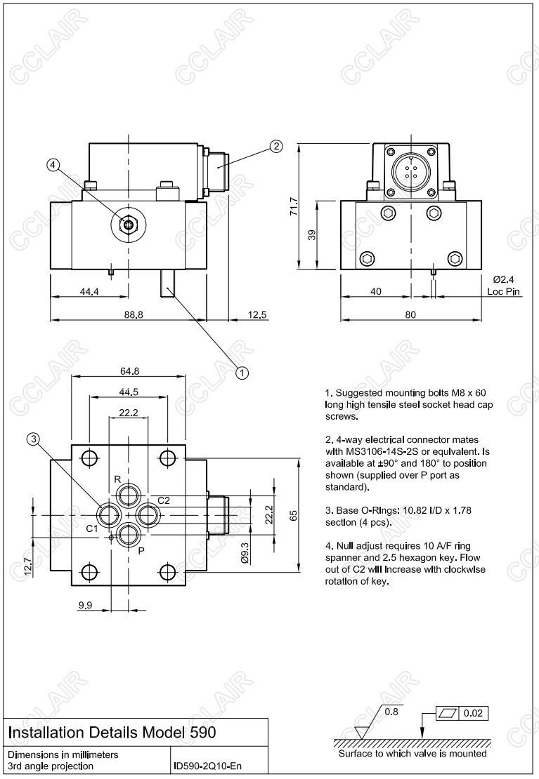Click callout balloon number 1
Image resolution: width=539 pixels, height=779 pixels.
coord(242,373)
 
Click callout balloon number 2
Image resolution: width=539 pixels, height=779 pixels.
coord(276,146)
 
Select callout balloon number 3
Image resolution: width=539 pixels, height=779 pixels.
coord(33,439)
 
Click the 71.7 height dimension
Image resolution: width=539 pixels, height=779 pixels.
coord(294,206)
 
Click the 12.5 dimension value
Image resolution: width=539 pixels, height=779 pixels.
coord(258,315)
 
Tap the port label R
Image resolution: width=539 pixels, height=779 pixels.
coord(118,479)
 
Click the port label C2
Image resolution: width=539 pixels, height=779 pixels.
coord(164,500)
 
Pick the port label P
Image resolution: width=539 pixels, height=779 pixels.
coord(141,551)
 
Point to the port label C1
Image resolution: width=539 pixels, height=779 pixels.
coord(92,528)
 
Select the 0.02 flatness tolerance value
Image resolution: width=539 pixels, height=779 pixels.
coord(474,714)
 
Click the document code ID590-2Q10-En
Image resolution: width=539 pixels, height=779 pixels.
coord(208,766)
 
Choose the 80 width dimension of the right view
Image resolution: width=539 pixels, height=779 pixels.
coord(410,315)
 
